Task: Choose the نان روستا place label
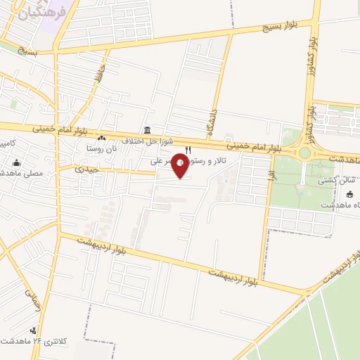(x=100, y=148)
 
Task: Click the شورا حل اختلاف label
(x=143, y=140)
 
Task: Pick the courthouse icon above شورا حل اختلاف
(x=147, y=130)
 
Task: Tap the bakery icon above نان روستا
(x=102, y=139)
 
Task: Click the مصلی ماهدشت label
(x=21, y=172)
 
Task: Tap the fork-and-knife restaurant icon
(x=188, y=149)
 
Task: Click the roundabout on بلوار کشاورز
(x=305, y=153)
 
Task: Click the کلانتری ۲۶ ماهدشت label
(x=63, y=341)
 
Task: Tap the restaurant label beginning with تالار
(x=211, y=161)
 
